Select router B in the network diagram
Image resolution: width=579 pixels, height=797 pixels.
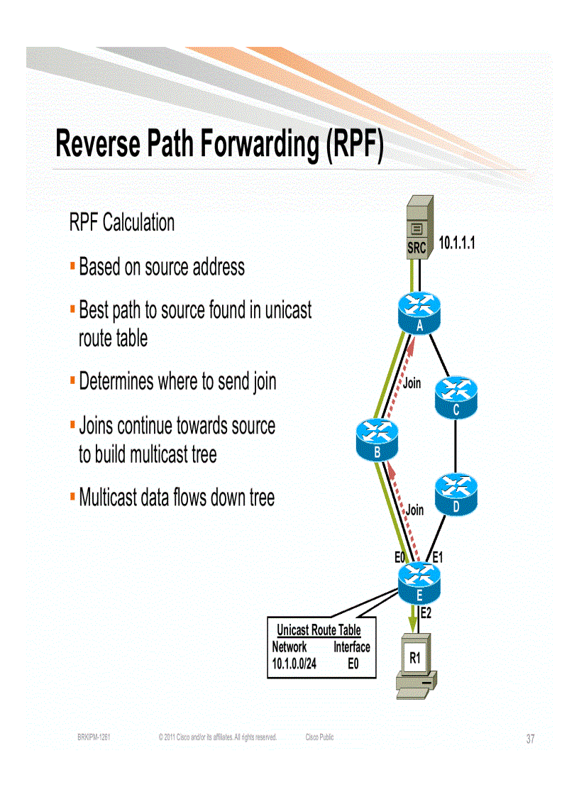377,438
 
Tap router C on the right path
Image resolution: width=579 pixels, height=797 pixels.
456,396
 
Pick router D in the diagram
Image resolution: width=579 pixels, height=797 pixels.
456,494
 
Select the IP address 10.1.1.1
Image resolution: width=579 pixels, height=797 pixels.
456,244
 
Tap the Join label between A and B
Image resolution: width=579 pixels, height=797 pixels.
412,383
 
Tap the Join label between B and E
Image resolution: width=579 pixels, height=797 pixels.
414,510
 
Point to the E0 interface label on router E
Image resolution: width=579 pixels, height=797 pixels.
400,558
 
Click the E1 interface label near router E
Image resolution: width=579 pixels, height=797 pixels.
438,558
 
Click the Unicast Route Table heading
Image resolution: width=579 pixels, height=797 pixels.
319,630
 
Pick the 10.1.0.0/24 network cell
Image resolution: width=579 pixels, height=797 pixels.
294,664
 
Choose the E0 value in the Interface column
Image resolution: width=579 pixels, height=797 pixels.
352,664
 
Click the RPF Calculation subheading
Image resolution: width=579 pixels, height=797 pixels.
121,223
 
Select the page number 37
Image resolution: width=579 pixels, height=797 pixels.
530,739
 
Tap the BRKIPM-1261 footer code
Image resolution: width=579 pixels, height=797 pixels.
93,738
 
